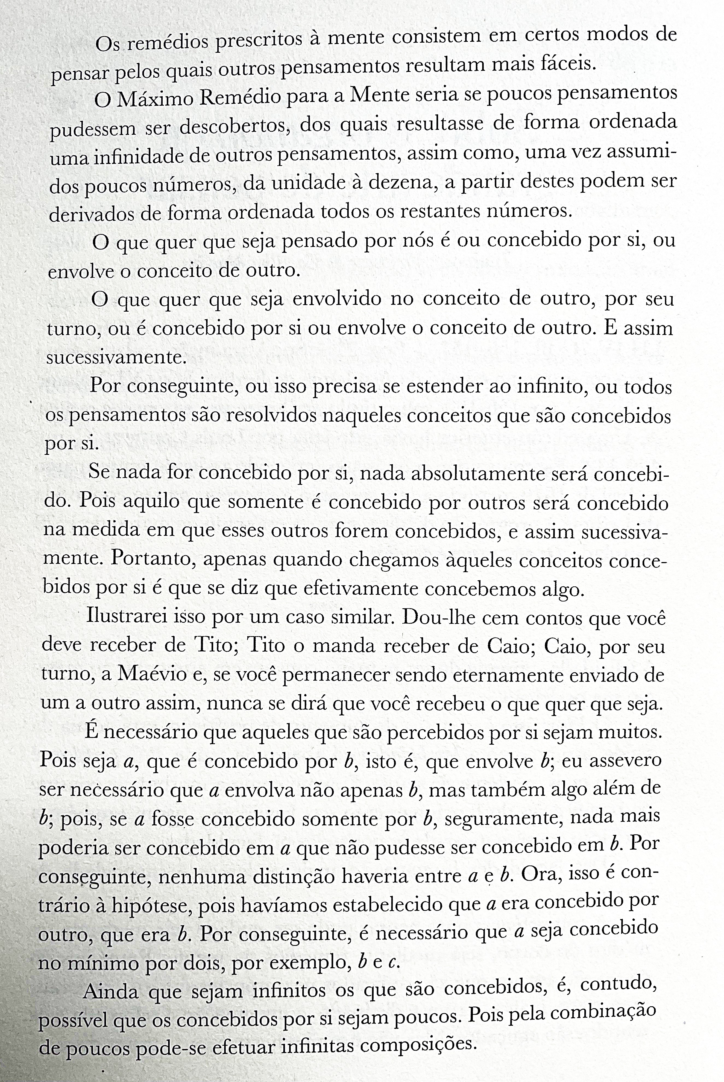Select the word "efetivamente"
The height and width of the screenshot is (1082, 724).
click(x=372, y=589)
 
